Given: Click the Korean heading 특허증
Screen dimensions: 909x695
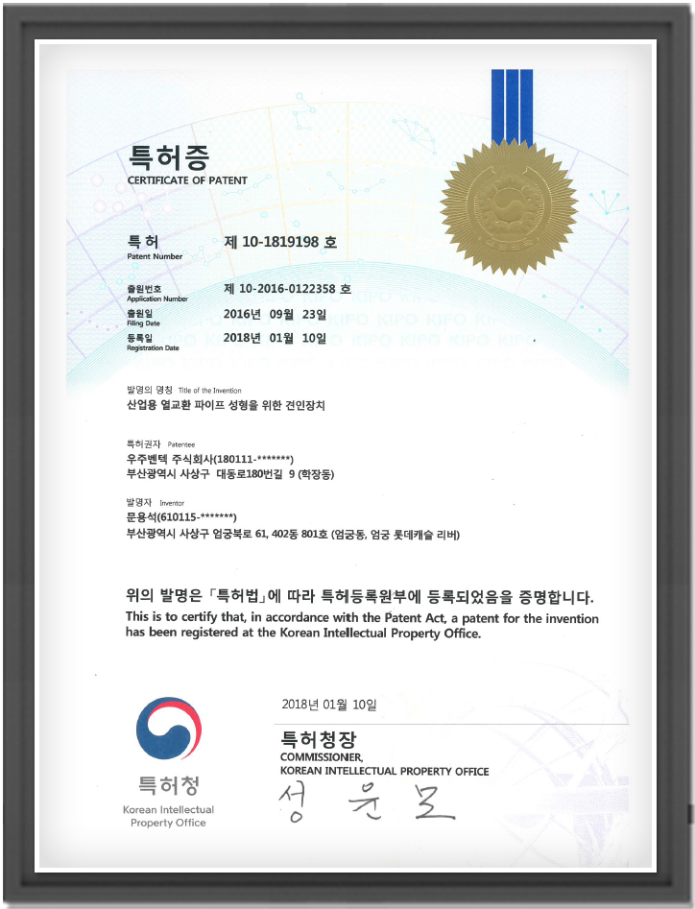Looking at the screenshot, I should click(x=168, y=157).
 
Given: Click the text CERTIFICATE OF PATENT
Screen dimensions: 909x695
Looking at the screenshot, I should click(x=187, y=180).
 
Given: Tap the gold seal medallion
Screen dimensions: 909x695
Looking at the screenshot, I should click(x=508, y=205).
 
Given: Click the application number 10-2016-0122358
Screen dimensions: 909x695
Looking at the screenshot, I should click(x=287, y=288).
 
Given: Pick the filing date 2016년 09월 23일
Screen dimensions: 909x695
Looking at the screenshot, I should click(x=275, y=313).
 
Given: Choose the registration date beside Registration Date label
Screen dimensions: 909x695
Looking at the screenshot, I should click(x=275, y=338).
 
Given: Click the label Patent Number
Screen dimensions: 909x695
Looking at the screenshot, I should click(x=154, y=257).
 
